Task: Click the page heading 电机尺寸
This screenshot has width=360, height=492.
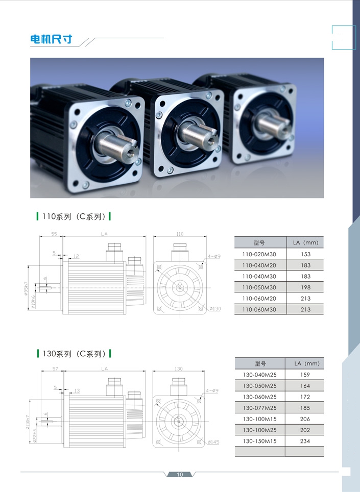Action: point(51,40)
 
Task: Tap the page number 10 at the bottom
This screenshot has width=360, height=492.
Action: point(180,475)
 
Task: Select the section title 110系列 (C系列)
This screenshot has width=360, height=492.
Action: point(74,216)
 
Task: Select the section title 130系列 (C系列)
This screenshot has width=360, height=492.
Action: point(74,353)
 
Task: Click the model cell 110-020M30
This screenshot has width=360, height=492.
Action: point(259,254)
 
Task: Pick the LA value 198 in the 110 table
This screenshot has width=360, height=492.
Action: point(305,287)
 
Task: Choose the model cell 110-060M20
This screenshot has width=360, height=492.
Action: point(259,299)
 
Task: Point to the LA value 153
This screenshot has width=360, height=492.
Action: point(305,254)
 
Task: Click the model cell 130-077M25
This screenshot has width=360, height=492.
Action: point(259,408)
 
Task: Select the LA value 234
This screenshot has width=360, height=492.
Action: point(305,441)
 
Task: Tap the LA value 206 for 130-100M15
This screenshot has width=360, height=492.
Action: point(305,419)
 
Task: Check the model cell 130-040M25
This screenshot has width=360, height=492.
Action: point(259,375)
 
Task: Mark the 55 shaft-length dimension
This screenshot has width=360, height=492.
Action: point(54,234)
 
